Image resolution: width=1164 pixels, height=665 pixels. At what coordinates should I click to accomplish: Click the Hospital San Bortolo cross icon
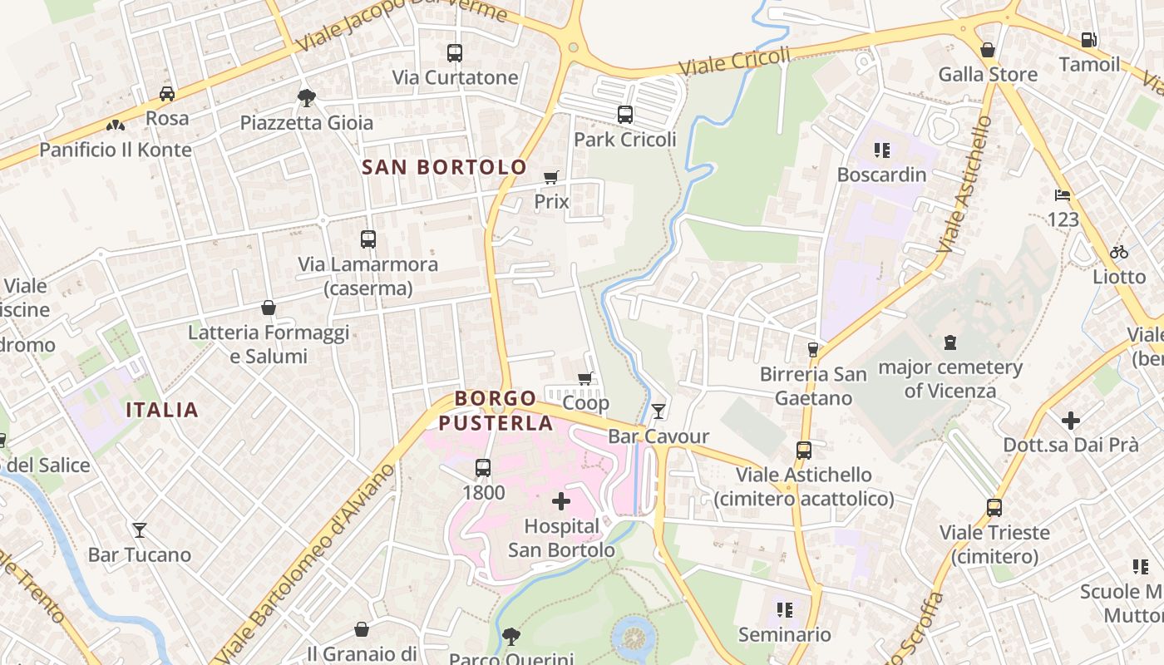click(x=561, y=501)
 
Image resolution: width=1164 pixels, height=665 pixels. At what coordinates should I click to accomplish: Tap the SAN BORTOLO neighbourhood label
click(x=444, y=167)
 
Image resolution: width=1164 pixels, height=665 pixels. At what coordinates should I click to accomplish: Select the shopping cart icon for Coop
click(x=585, y=378)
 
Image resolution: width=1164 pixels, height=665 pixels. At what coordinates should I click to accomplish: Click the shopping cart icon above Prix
click(x=550, y=177)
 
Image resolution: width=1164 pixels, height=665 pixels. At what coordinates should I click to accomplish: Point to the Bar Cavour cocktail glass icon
click(x=658, y=411)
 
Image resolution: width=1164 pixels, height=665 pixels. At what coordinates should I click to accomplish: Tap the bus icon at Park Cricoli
click(x=624, y=115)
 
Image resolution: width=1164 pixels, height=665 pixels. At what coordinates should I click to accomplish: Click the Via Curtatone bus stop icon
click(x=454, y=53)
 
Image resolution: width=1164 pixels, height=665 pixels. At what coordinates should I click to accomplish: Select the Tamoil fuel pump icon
click(x=1088, y=40)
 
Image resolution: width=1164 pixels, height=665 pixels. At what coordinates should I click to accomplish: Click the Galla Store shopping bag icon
click(x=987, y=50)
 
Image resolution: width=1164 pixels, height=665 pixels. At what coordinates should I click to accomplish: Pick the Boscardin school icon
click(x=881, y=150)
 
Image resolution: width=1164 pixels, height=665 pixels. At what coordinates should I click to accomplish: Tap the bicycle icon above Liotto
click(x=1119, y=252)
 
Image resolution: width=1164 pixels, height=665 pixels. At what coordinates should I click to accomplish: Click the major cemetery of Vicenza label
click(x=949, y=378)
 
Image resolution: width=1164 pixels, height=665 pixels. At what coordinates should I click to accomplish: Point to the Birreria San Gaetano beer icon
click(x=812, y=350)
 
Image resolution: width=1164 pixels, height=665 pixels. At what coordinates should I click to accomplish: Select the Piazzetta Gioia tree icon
click(x=306, y=98)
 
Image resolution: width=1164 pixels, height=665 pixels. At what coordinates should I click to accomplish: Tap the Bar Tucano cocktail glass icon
click(x=139, y=530)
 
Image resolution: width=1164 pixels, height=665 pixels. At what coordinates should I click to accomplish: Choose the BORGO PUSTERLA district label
click(x=496, y=411)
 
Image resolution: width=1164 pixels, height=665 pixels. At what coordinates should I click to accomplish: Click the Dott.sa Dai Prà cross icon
click(x=1070, y=420)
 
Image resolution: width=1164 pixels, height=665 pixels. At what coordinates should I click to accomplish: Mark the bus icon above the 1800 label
click(x=483, y=468)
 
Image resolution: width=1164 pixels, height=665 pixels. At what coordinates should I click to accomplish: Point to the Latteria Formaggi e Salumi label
click(x=269, y=344)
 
